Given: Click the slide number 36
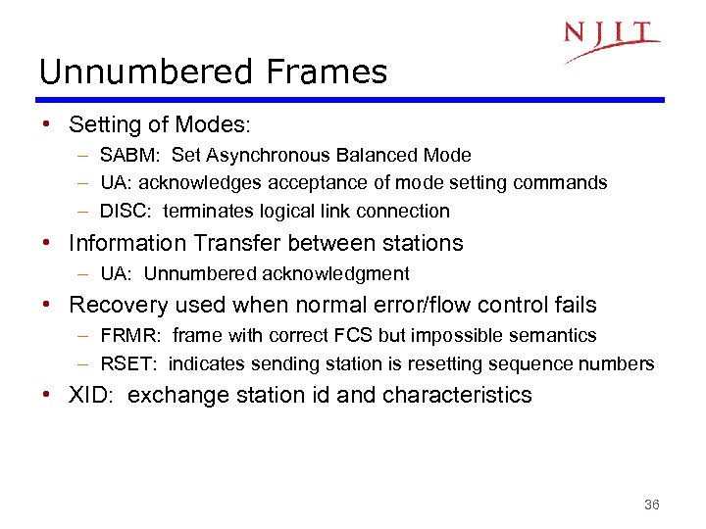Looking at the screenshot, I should pyautogui.click(x=651, y=505).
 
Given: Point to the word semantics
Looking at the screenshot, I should pyautogui.click(x=552, y=336).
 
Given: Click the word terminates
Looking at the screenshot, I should pyautogui.click(x=204, y=211).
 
